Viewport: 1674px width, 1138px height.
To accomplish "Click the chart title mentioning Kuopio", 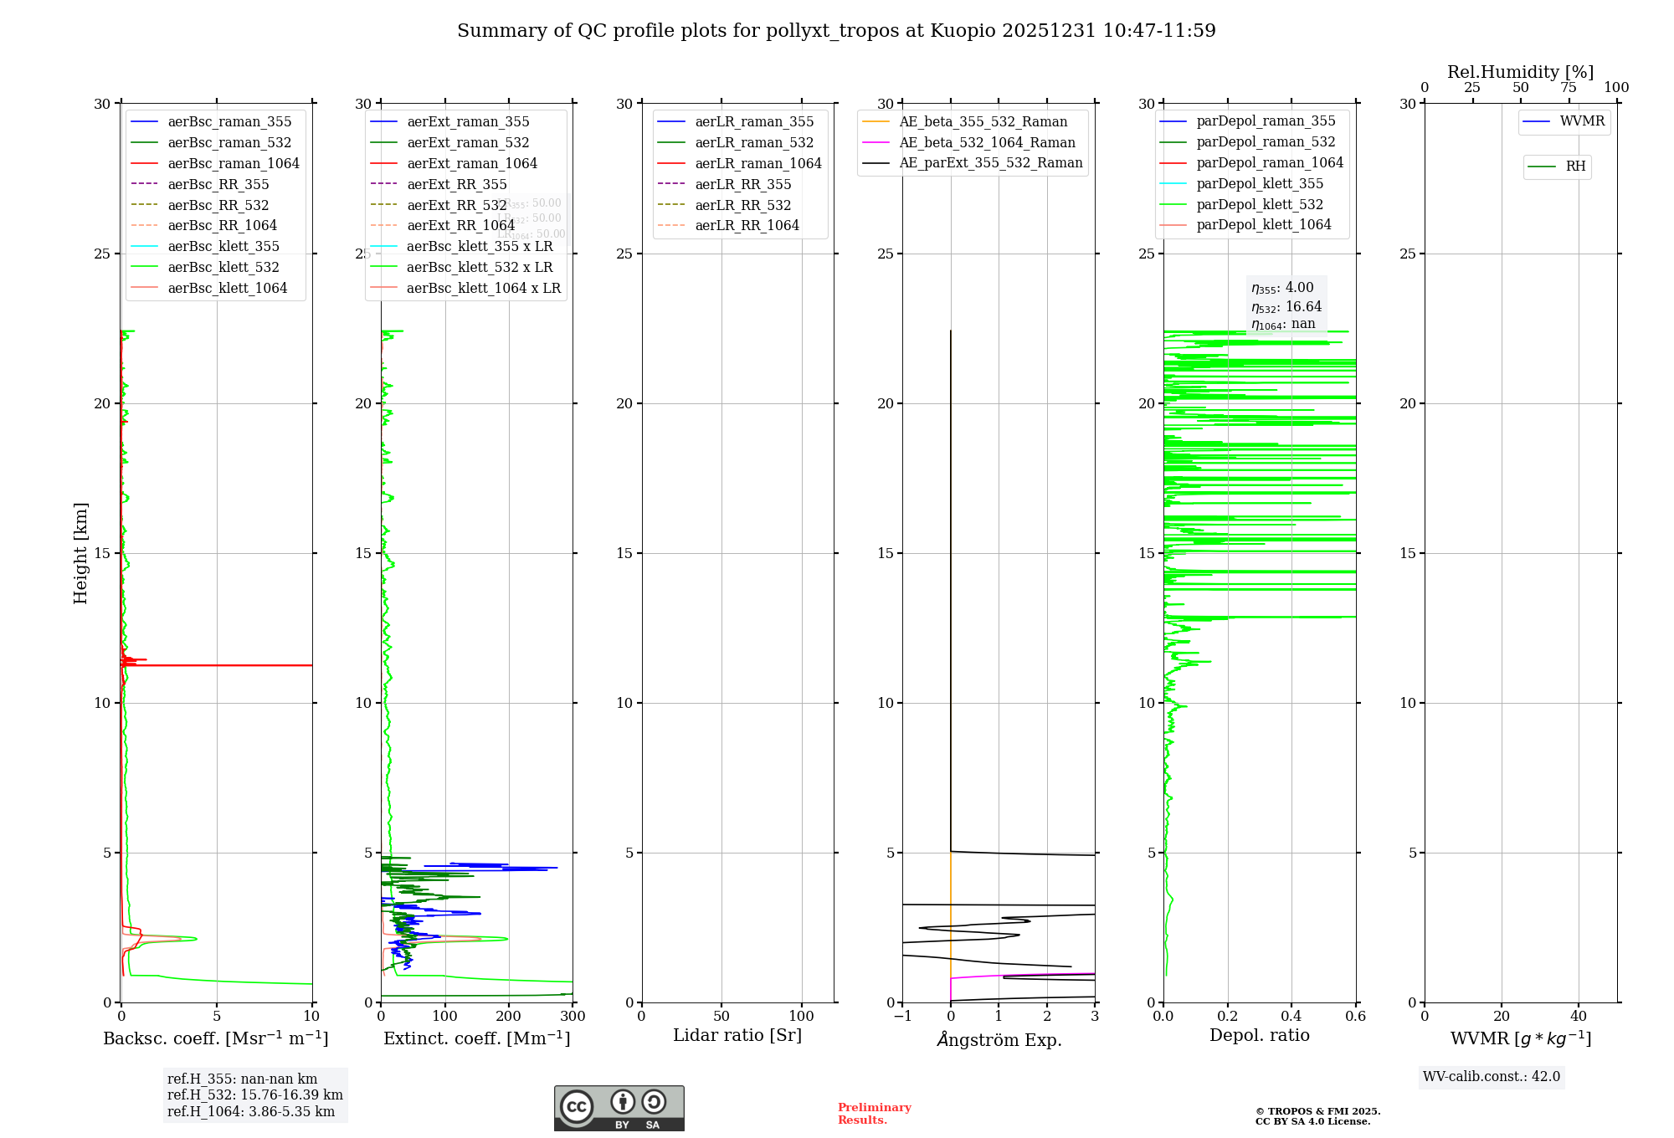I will (x=836, y=31).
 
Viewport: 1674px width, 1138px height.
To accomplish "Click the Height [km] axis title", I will (x=80, y=552).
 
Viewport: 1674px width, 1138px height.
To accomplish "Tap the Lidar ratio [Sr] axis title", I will (x=737, y=1035).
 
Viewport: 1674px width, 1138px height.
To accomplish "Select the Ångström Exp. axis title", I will (x=999, y=1039).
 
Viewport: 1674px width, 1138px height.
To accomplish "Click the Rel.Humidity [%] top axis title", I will (x=1520, y=72).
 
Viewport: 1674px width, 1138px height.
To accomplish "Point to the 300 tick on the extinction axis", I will (x=573, y=1017).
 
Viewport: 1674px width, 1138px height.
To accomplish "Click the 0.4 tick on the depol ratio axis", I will (x=1291, y=1017).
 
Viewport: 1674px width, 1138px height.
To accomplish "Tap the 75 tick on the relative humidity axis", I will (x=1569, y=88).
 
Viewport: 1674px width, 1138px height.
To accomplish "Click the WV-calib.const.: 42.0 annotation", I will (x=1491, y=1076).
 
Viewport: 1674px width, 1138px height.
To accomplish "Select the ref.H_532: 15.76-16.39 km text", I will (x=254, y=1094).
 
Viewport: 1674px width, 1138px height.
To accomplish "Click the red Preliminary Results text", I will (x=874, y=1113).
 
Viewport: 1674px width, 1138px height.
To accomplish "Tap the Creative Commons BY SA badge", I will (x=619, y=1109).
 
